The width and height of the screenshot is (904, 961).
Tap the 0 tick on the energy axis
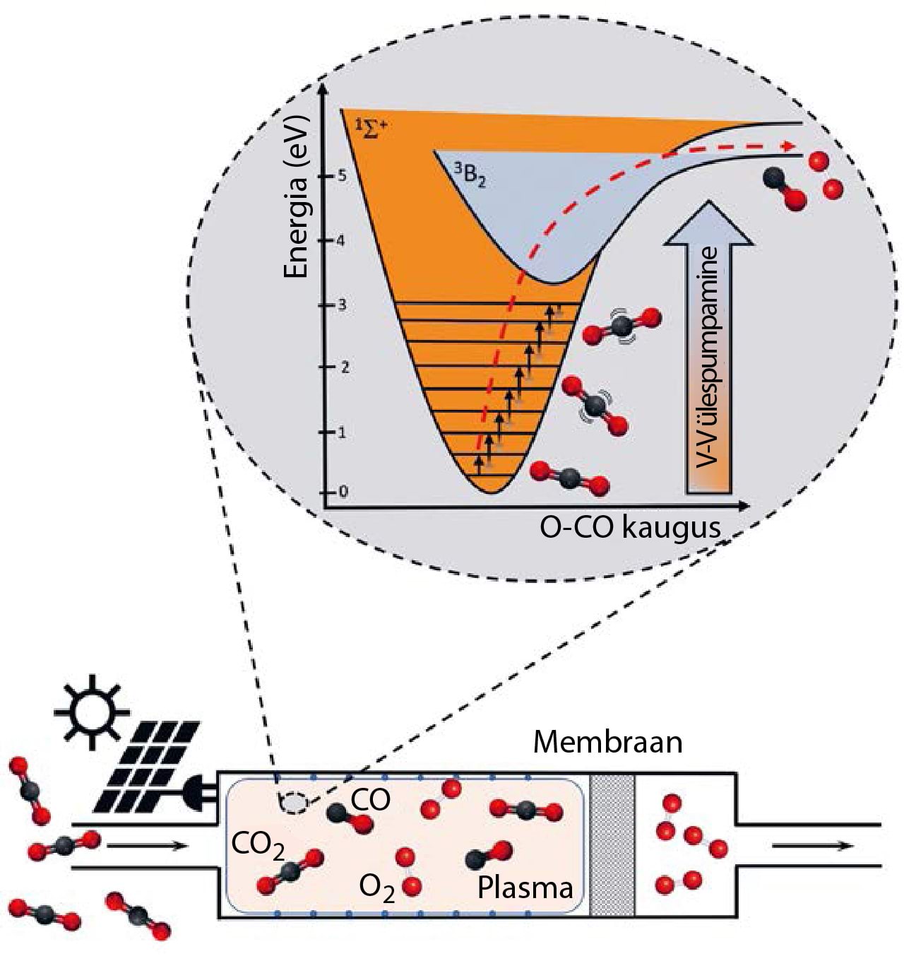click(343, 492)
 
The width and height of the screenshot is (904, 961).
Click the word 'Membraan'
click(607, 743)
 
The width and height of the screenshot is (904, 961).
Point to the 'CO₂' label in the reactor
click(258, 844)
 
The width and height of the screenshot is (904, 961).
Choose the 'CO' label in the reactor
click(370, 800)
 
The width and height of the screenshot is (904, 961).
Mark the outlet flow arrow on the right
click(812, 845)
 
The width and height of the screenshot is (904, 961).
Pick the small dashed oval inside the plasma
click(295, 803)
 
